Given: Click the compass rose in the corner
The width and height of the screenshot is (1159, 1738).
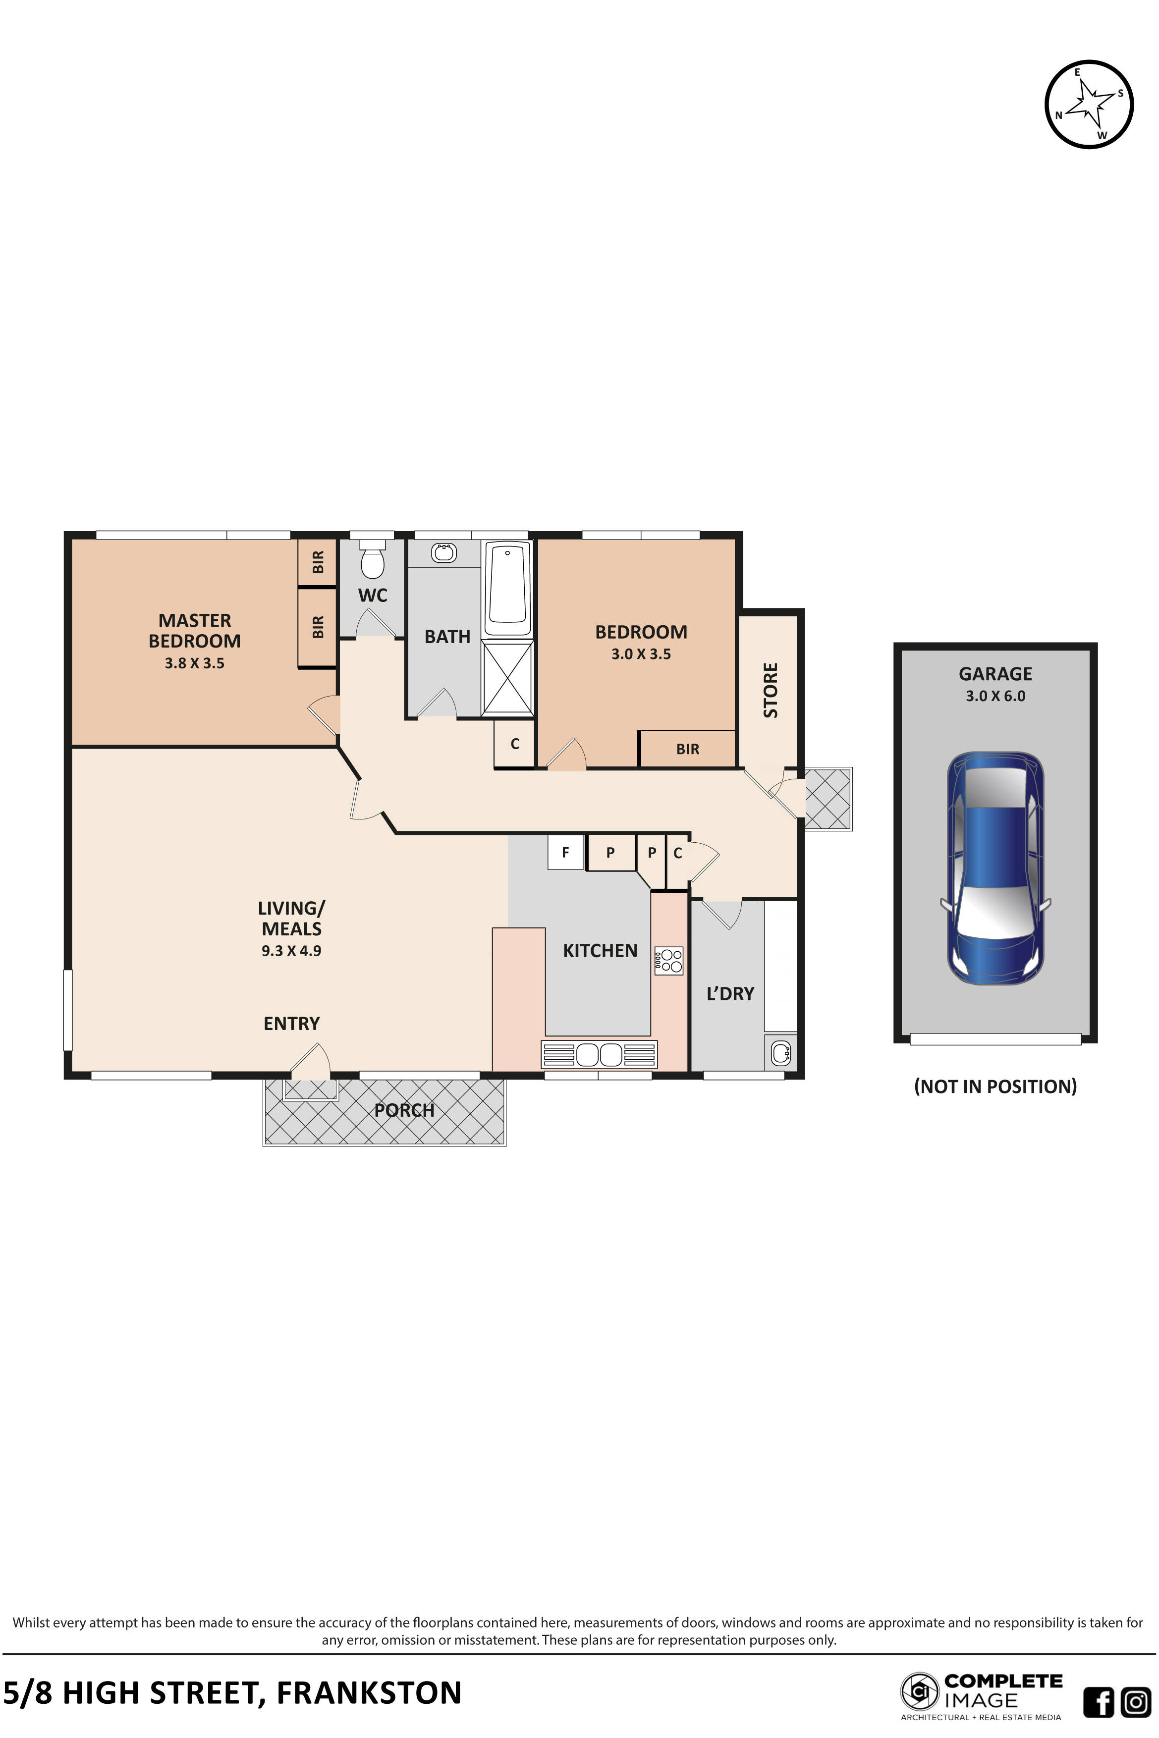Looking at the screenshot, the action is tap(1089, 104).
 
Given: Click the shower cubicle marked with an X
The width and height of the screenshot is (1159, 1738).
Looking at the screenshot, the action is tap(508, 678).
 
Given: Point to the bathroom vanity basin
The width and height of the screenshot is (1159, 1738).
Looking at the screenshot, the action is tap(443, 552).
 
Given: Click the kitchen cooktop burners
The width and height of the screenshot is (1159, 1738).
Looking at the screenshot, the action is tap(669, 961).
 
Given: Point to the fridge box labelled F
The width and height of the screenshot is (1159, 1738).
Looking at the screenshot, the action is tap(565, 852).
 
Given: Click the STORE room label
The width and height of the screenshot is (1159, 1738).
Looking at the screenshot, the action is tap(770, 690).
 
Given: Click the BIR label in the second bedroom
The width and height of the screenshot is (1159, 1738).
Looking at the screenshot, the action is tap(687, 749).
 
